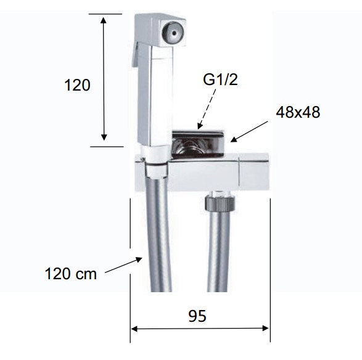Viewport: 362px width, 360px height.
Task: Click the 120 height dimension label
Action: (x=77, y=85)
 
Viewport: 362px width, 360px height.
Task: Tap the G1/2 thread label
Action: (x=220, y=80)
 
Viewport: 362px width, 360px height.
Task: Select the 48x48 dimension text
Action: (x=298, y=112)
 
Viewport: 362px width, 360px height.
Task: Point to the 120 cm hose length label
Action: (x=71, y=274)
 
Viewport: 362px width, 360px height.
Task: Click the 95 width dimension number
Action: (x=197, y=316)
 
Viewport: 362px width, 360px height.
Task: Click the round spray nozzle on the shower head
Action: (x=173, y=32)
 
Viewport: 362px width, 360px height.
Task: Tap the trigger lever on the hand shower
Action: (x=136, y=55)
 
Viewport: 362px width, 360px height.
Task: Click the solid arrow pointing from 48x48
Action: (x=249, y=131)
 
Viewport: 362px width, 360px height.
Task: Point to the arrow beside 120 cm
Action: (x=123, y=266)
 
